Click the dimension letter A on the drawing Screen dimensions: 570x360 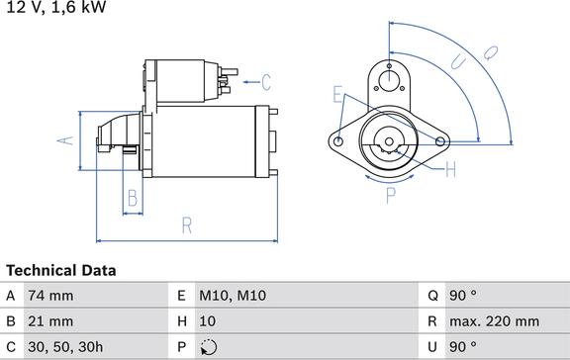point(65,140)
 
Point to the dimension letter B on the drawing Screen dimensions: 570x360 point(133,199)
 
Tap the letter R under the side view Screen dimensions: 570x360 point(186,225)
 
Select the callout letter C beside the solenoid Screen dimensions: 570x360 point(266,82)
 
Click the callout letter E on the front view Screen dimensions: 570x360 point(337,94)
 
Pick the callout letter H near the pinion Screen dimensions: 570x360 point(451,169)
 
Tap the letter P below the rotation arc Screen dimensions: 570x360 point(391,195)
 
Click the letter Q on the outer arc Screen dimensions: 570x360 point(491,53)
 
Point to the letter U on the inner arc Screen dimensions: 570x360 point(458,62)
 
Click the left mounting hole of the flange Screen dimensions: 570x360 point(338,141)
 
